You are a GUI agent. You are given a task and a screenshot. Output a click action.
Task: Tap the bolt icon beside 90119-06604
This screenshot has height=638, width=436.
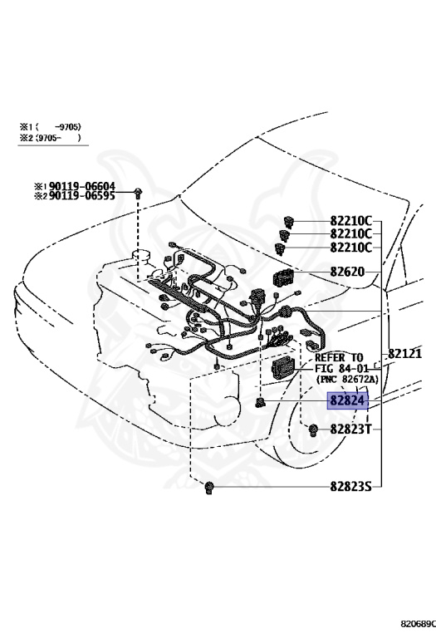click(x=138, y=193)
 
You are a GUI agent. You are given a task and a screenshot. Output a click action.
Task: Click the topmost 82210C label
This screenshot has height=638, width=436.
click(x=350, y=223)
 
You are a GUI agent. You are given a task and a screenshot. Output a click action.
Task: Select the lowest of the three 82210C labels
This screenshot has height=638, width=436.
click(x=350, y=248)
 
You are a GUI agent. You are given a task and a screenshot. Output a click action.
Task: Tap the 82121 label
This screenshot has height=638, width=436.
click(x=406, y=354)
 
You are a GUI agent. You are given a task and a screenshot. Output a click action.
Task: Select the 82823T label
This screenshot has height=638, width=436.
click(x=350, y=429)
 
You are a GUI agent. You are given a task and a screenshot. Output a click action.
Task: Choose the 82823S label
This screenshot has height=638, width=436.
click(x=350, y=486)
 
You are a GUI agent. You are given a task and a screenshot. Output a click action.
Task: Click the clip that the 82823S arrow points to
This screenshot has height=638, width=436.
click(x=211, y=486)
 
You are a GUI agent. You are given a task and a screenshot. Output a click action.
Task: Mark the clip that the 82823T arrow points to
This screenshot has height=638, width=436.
click(x=315, y=429)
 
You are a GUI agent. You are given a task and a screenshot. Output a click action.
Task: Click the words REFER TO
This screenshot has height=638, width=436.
click(x=339, y=356)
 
